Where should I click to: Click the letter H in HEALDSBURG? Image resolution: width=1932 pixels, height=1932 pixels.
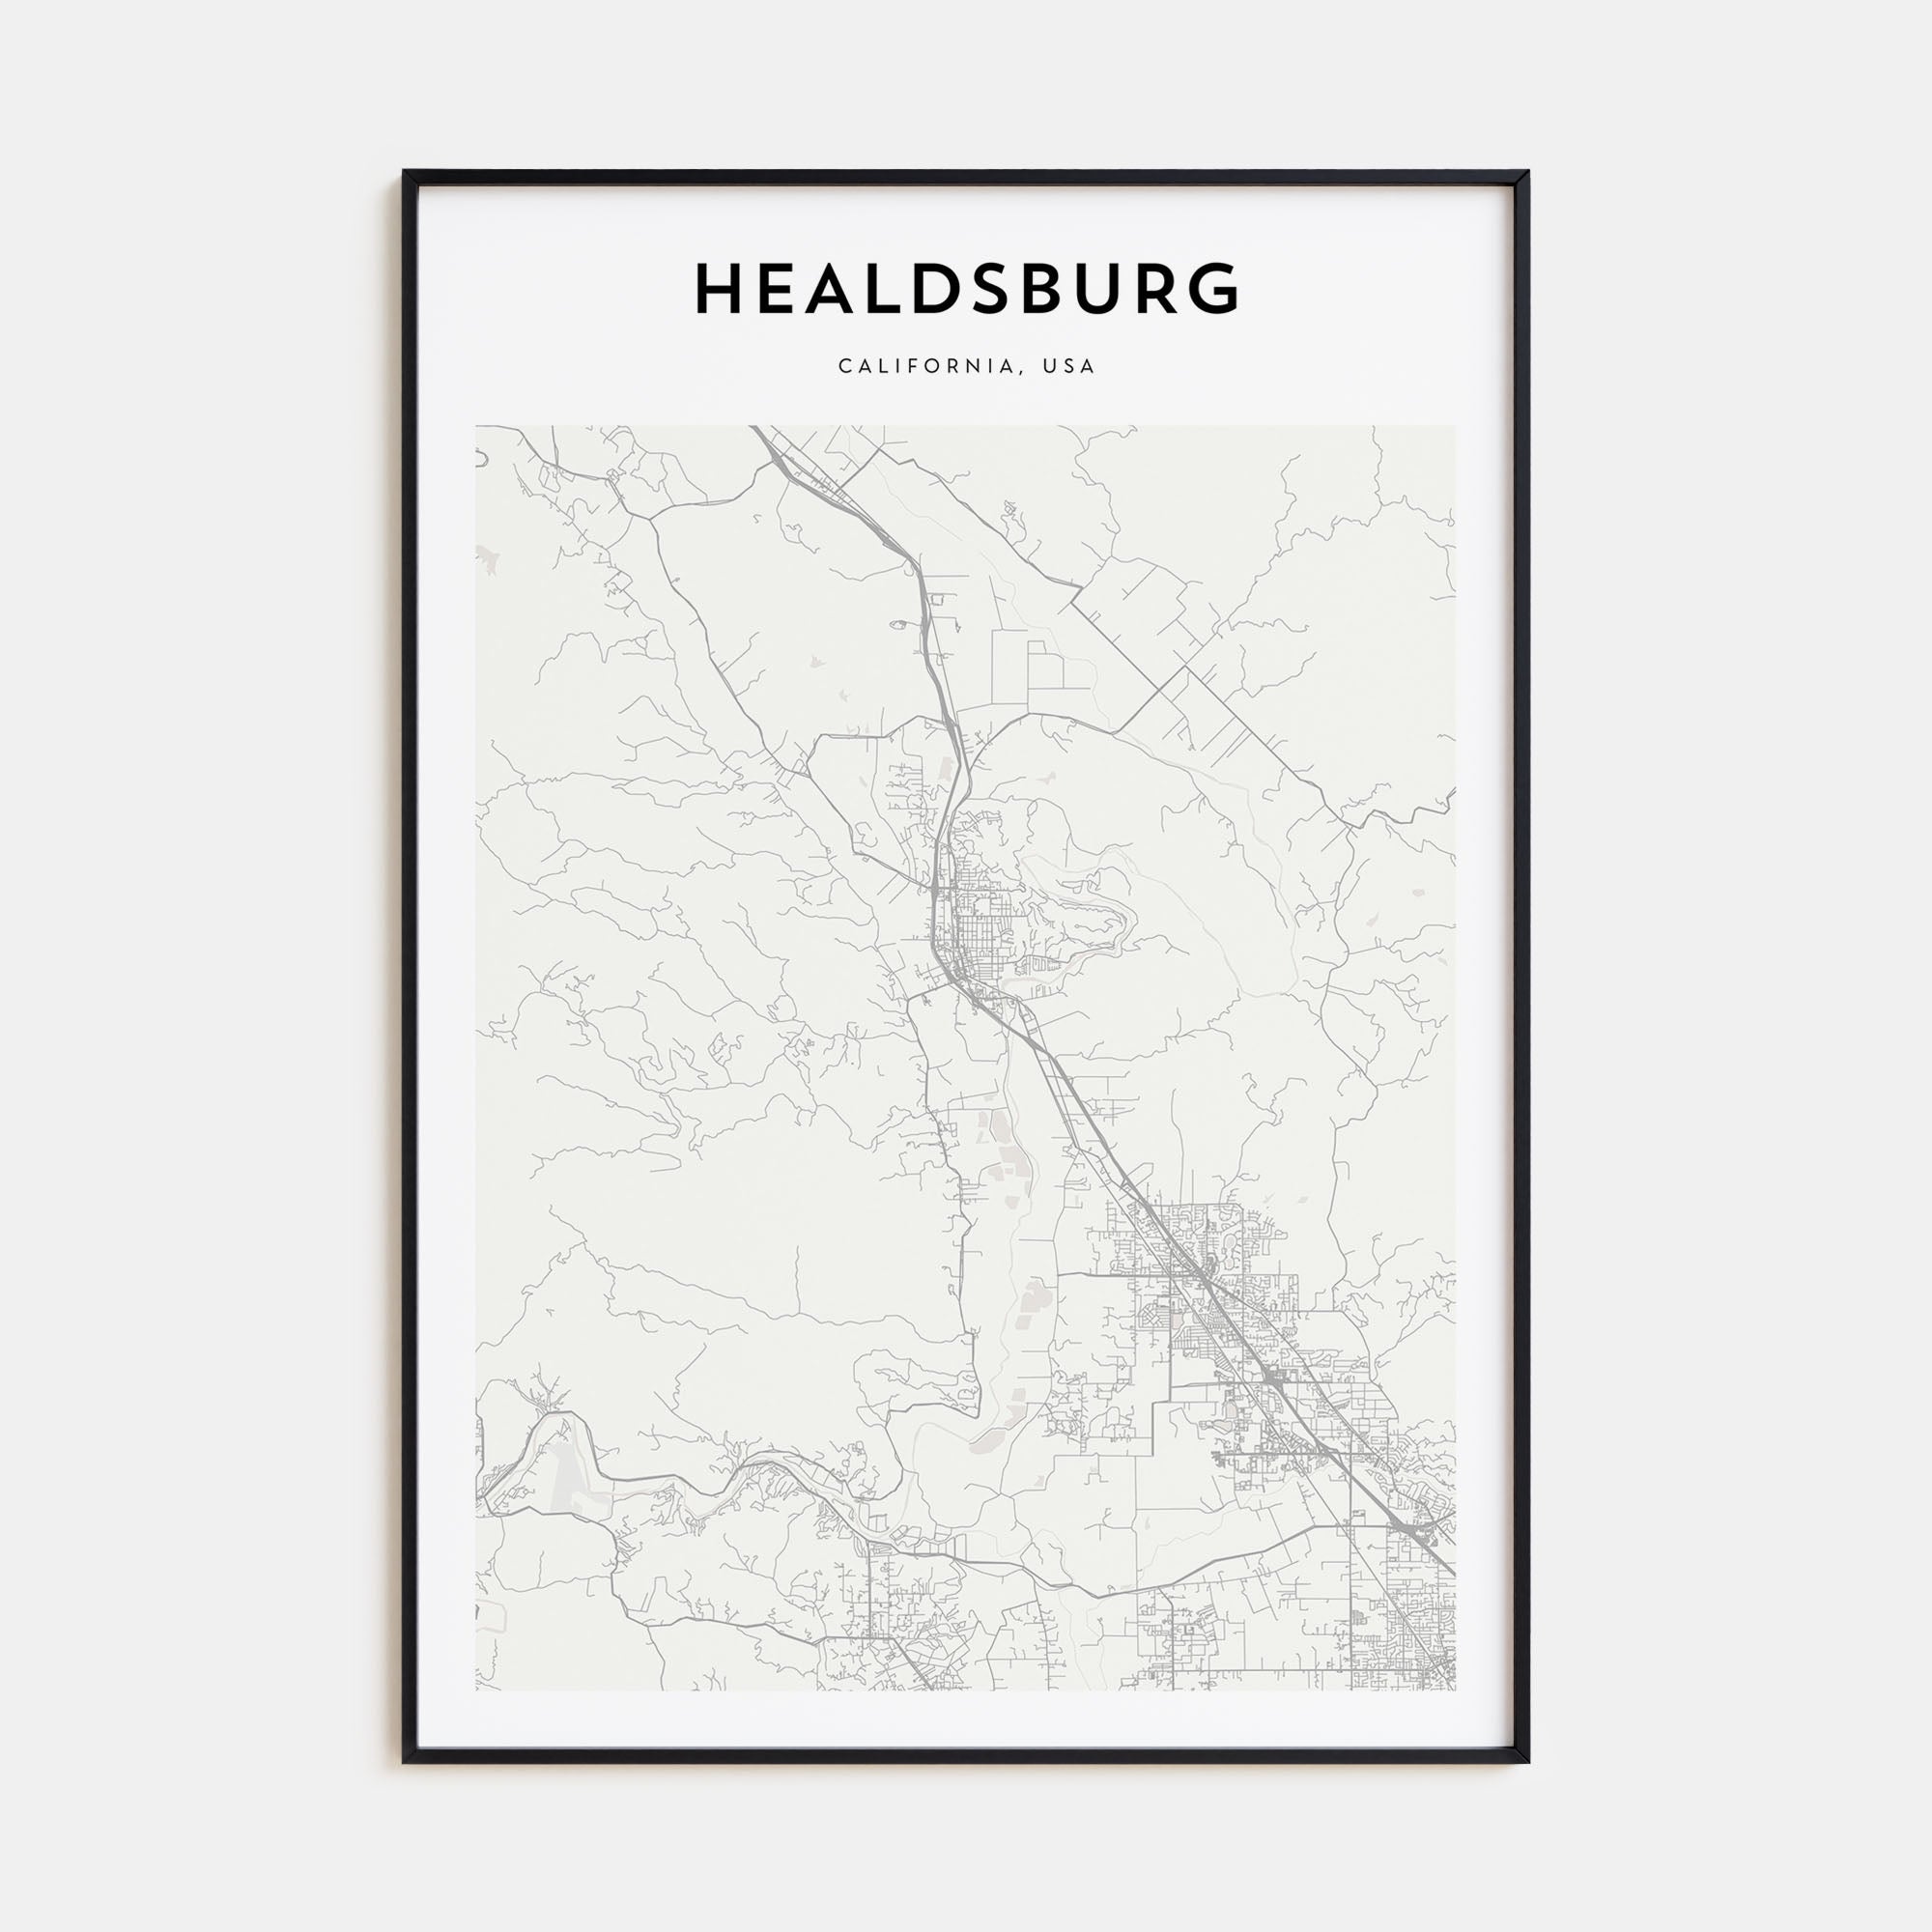coord(721,289)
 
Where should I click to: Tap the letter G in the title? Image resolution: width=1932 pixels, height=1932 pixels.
coord(1213,289)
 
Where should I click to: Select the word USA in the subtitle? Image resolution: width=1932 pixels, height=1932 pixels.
coord(1069,366)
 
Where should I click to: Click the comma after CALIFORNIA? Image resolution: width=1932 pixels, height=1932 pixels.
coord(1022,371)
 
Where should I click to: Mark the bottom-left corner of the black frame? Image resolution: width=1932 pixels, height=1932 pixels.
coord(405,1762)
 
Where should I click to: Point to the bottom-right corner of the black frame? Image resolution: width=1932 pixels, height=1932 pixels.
coord(1528,1762)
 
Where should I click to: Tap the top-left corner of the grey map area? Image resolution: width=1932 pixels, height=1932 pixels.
coord(477,427)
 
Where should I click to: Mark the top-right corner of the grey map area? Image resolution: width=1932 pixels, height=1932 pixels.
coord(1455,427)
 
